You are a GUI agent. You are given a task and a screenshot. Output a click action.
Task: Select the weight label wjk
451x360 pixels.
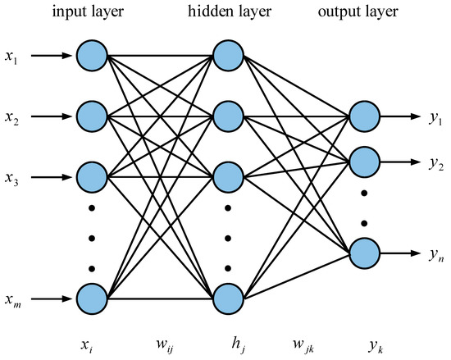tap(294, 338)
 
